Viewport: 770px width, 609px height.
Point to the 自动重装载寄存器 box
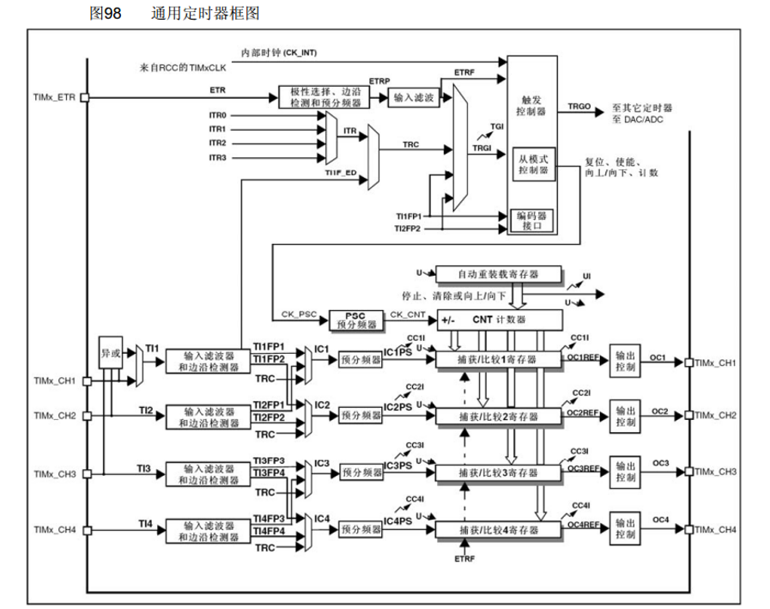point(498,274)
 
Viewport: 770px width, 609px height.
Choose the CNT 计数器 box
point(498,320)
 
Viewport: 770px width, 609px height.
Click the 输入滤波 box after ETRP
point(413,99)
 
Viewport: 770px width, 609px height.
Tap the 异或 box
point(111,352)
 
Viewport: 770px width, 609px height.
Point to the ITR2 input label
point(217,143)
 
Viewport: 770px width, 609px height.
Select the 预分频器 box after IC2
point(361,415)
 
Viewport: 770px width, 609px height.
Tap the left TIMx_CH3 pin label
point(55,474)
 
